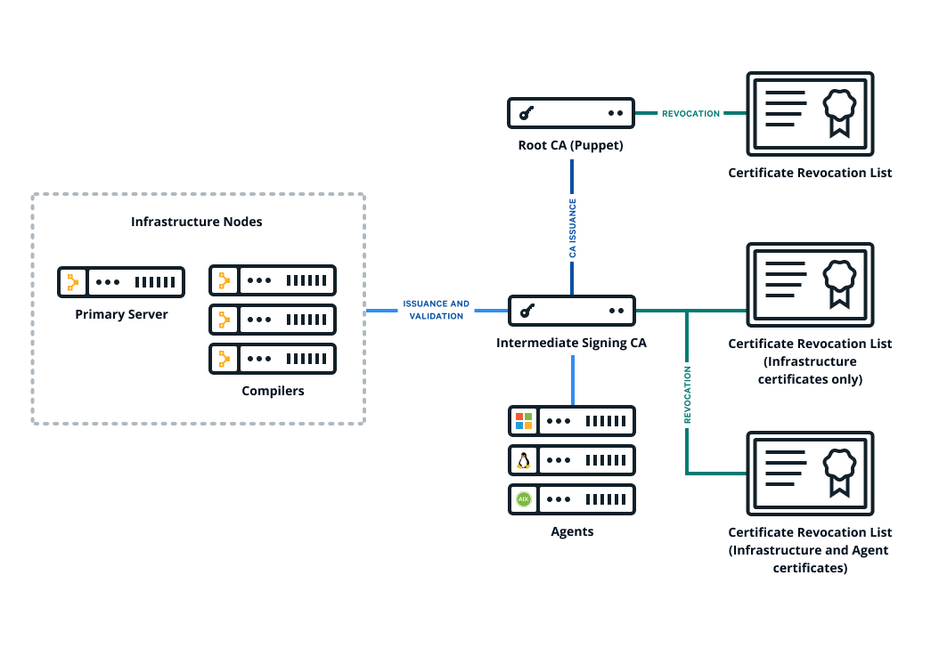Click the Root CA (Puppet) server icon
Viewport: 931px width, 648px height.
570,113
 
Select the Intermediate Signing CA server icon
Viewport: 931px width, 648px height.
572,311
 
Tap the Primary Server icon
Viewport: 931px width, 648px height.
121,282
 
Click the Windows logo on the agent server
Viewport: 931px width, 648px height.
524,421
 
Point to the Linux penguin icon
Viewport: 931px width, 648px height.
524,460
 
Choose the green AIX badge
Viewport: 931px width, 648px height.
523,499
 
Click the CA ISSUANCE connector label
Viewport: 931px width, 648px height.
572,228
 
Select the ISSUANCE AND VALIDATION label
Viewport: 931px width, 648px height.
436,310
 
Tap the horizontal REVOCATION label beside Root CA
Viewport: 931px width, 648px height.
690,113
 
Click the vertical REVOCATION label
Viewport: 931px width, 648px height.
688,394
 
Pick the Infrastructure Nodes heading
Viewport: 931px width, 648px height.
197,222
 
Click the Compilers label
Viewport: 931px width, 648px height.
273,391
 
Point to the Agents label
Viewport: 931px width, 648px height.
572,531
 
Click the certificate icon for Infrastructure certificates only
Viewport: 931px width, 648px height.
810,284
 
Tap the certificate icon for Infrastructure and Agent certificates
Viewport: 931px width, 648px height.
810,473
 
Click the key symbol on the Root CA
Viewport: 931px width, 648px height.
526,113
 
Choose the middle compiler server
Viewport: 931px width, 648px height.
273,320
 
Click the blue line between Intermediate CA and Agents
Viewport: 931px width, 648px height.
572,380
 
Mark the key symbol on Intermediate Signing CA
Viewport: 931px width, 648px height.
527,311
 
